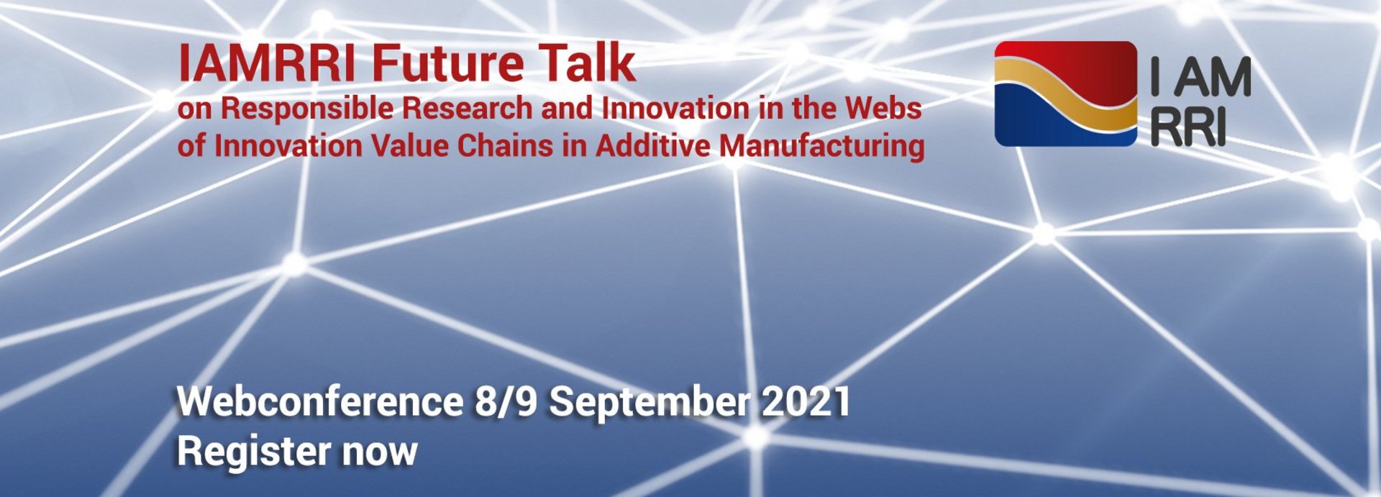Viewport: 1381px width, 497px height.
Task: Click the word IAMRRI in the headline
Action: (x=266, y=64)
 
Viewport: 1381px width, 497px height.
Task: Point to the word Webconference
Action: (x=320, y=401)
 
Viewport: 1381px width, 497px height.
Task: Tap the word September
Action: (x=649, y=403)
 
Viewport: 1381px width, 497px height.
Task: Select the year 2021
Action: (x=806, y=401)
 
